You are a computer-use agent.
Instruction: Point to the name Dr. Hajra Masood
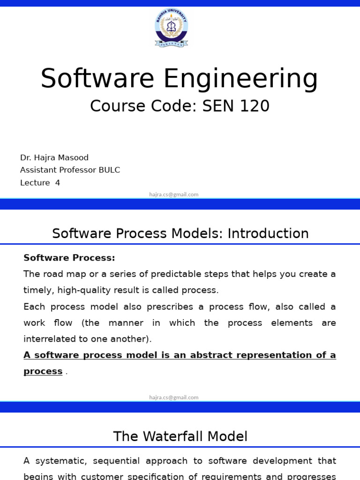pos(54,157)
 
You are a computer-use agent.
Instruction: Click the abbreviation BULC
pos(109,170)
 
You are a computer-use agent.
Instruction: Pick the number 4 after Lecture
pos(58,183)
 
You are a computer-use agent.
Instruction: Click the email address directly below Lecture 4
pos(174,195)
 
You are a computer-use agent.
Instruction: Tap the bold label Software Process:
pos(69,258)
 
